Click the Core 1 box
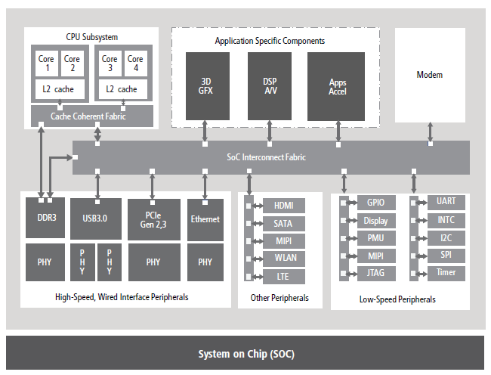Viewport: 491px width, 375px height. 47,64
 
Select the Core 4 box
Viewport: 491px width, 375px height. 135,64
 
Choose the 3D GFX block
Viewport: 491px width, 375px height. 205,87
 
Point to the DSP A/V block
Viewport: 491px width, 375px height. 270,87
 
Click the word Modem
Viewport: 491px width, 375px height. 429,75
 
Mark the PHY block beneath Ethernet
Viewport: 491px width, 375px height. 205,262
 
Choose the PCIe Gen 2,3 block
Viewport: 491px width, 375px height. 153,218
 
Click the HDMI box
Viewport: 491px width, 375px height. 283,206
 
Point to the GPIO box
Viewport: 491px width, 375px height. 375,203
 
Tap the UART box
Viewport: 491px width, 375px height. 446,201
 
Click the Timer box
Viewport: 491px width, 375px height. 446,272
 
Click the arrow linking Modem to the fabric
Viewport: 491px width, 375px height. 431,132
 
